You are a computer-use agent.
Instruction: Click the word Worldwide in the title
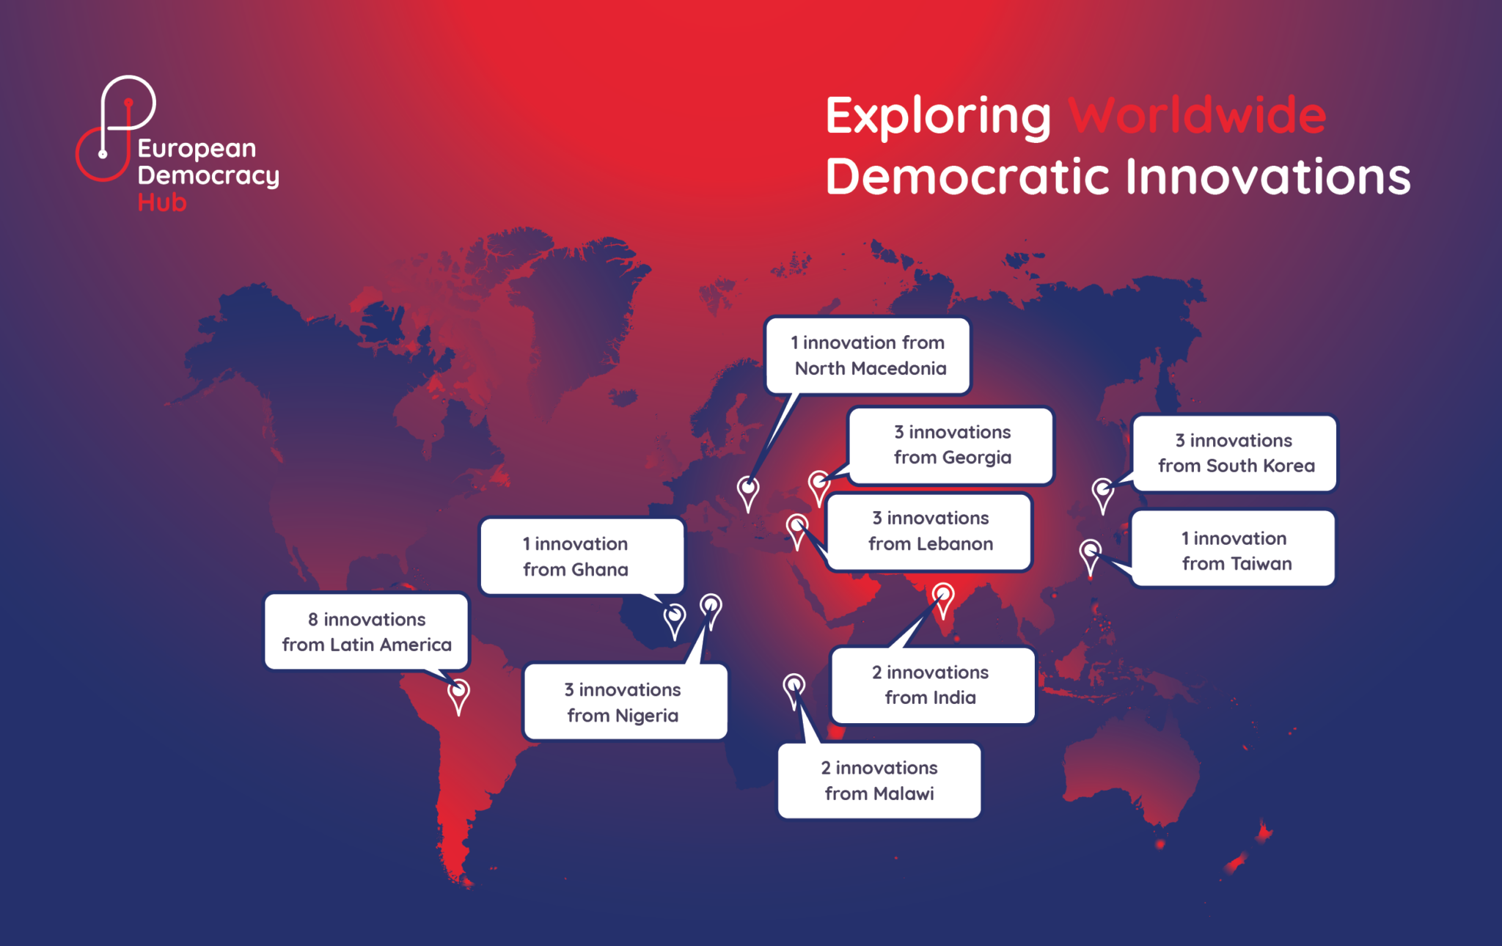(x=1197, y=115)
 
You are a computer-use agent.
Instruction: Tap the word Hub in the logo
(x=162, y=202)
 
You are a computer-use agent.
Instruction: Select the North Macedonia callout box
(x=868, y=356)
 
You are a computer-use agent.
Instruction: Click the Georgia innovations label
(x=951, y=445)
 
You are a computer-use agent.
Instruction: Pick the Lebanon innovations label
(x=929, y=532)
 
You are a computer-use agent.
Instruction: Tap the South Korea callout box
(x=1235, y=453)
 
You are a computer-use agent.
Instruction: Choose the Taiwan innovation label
(x=1235, y=551)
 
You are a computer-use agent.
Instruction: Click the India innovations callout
(x=931, y=685)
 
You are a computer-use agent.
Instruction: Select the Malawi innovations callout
(x=879, y=780)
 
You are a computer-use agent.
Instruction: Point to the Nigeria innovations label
(x=624, y=702)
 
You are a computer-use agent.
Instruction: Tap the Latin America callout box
(x=366, y=631)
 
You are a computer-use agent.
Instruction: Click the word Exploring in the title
(x=938, y=116)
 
